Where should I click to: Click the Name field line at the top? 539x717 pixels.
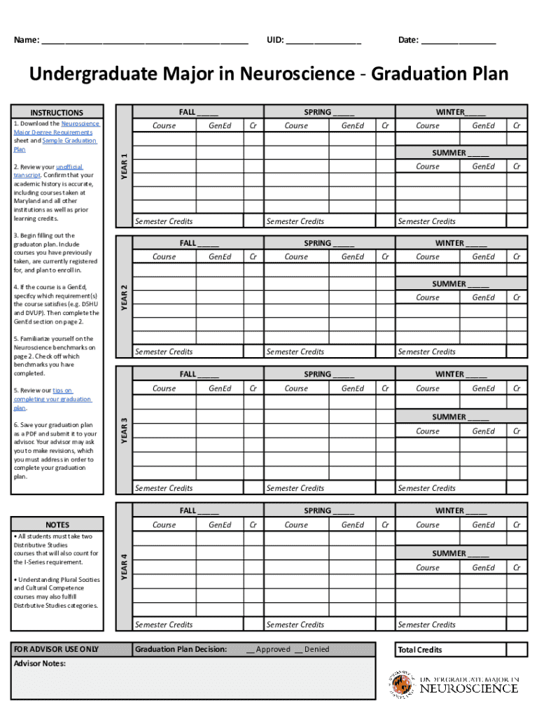pos(144,41)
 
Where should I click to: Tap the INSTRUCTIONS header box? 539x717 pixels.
pos(57,113)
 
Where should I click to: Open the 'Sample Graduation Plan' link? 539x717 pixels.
pos(69,141)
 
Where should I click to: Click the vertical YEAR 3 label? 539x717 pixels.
pos(123,429)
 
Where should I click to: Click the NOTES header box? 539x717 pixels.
pos(57,524)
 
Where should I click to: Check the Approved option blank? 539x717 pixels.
pos(250,650)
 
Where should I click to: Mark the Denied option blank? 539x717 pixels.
pos(299,650)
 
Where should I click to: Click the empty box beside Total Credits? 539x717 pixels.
pos(517,650)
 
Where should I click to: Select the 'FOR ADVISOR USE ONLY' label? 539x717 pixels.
pos(57,649)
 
